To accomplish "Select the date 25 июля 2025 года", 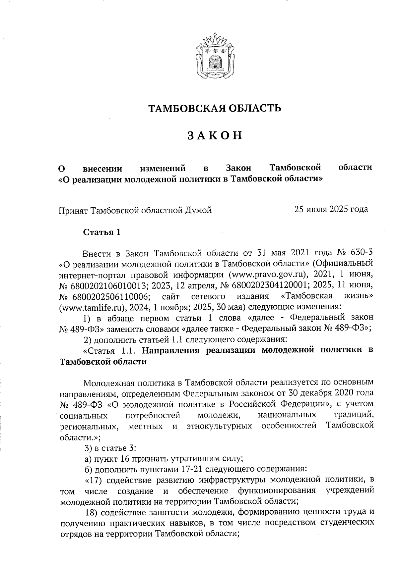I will coord(331,209).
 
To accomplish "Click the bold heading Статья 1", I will coord(101,232).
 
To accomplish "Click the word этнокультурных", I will coord(219,426).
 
